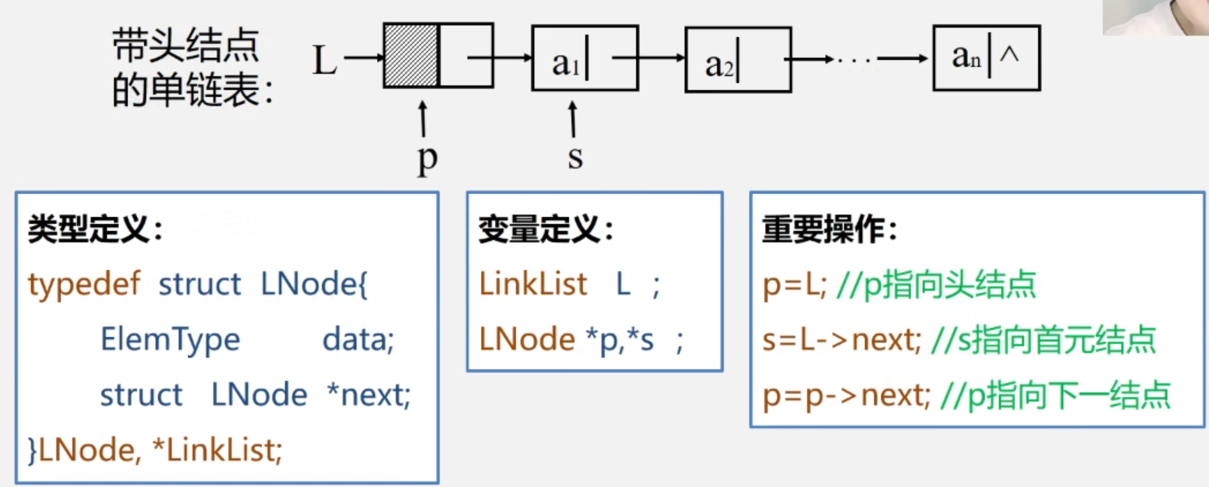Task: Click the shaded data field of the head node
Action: pyautogui.click(x=411, y=55)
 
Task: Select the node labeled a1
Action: pyautogui.click(x=584, y=58)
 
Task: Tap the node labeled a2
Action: pyautogui.click(x=737, y=60)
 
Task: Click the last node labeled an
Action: pyautogui.click(x=986, y=58)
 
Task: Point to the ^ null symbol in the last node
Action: pyautogui.click(x=1010, y=55)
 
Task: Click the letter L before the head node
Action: pyautogui.click(x=324, y=60)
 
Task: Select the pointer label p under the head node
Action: pyautogui.click(x=427, y=158)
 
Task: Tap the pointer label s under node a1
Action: pyautogui.click(x=574, y=157)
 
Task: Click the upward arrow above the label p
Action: pyautogui.click(x=422, y=119)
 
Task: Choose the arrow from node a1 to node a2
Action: pyautogui.click(x=661, y=58)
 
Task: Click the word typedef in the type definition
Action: pyautogui.click(x=84, y=285)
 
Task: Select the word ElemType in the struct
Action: pyautogui.click(x=170, y=339)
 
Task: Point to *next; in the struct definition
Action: pyautogui.click(x=369, y=395)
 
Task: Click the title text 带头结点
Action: pyautogui.click(x=186, y=46)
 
